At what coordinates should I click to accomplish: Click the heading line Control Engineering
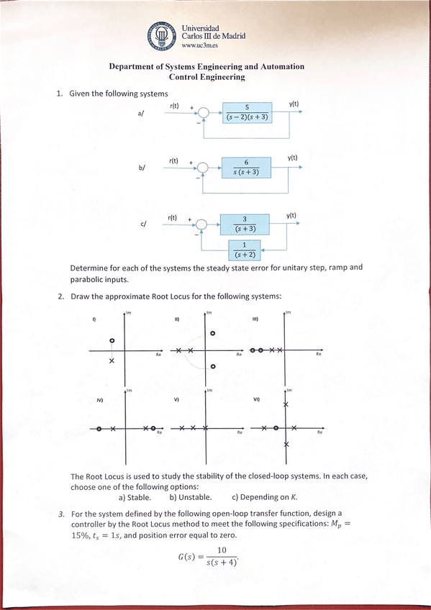[x=207, y=76]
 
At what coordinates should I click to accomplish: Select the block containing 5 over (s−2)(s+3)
[x=247, y=112]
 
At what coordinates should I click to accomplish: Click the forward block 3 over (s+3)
[x=245, y=224]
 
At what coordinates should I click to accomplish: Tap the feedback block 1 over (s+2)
[x=245, y=250]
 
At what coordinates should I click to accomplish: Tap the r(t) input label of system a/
[x=174, y=106]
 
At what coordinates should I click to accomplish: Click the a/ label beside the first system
[x=140, y=114]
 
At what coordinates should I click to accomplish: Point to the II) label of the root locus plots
[x=176, y=319]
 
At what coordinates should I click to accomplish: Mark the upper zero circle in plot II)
[x=213, y=334]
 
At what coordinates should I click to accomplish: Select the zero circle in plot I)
[x=112, y=340]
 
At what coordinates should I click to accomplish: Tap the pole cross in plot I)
[x=112, y=360]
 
